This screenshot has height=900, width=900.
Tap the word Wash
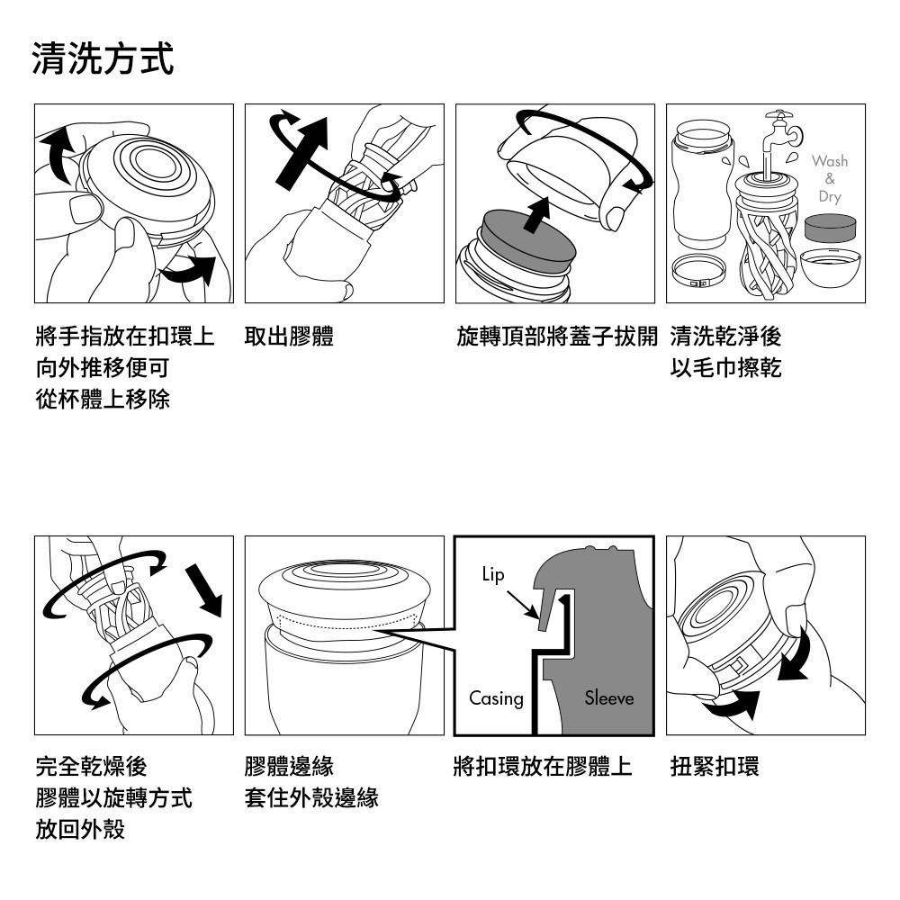click(830, 161)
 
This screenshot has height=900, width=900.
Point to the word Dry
click(830, 197)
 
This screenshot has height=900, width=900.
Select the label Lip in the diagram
click(493, 574)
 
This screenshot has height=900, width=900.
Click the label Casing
click(497, 698)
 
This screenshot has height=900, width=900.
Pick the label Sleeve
click(609, 698)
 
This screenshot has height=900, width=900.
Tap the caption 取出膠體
click(289, 337)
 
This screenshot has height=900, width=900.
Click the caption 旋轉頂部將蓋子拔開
click(557, 337)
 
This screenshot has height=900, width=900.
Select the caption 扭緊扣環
click(715, 767)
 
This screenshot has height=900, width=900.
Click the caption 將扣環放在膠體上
click(543, 767)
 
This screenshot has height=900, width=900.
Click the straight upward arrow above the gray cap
click(537, 215)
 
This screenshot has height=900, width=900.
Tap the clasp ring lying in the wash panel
click(699, 271)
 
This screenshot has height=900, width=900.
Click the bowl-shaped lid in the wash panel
click(830, 267)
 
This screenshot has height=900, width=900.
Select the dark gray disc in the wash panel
click(830, 228)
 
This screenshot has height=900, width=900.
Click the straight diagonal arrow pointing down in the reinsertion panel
click(204, 590)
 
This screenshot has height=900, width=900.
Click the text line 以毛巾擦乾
click(725, 368)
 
